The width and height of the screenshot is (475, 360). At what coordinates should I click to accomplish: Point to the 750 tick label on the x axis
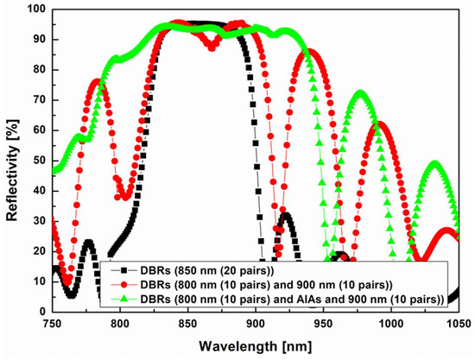point(53,322)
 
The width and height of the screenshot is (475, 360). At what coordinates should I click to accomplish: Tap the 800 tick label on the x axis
point(120,322)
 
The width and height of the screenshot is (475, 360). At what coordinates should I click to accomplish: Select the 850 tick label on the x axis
point(187,322)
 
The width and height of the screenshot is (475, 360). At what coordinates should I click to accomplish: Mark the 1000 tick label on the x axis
point(390,322)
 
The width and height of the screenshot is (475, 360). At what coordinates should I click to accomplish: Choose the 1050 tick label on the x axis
point(457,322)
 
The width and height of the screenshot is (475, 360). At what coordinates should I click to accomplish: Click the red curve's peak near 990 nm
point(381,123)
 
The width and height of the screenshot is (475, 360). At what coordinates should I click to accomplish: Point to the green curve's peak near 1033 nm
point(435,162)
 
